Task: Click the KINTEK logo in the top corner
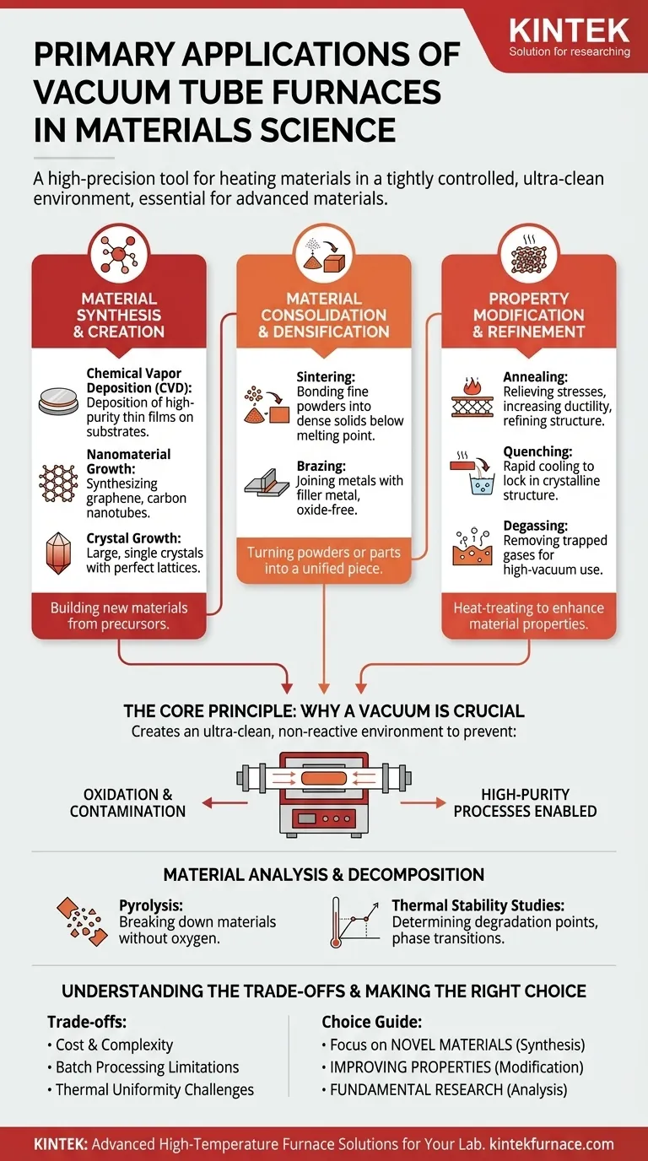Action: [x=570, y=38]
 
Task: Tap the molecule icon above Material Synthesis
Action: [x=119, y=252]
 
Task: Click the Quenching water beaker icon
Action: [x=472, y=470]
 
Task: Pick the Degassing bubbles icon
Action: [x=472, y=545]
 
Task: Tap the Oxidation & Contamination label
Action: [x=127, y=802]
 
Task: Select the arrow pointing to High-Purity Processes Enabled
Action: [x=423, y=802]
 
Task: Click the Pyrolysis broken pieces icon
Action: [x=84, y=921]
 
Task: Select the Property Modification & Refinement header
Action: [x=528, y=315]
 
